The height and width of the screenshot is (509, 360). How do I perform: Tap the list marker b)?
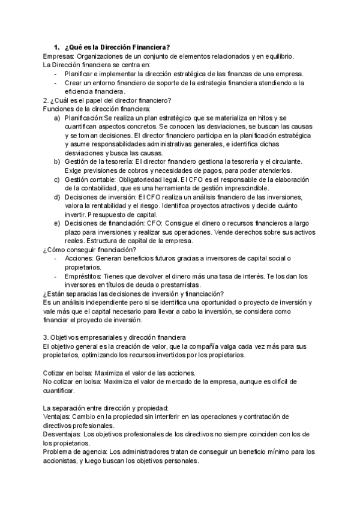click(57, 162)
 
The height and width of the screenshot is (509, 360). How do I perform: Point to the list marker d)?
click(57, 197)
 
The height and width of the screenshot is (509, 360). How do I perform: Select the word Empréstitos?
click(84, 276)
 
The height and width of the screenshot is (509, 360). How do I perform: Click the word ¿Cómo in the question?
click(55, 250)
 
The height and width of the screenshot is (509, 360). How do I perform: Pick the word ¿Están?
click(55, 294)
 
